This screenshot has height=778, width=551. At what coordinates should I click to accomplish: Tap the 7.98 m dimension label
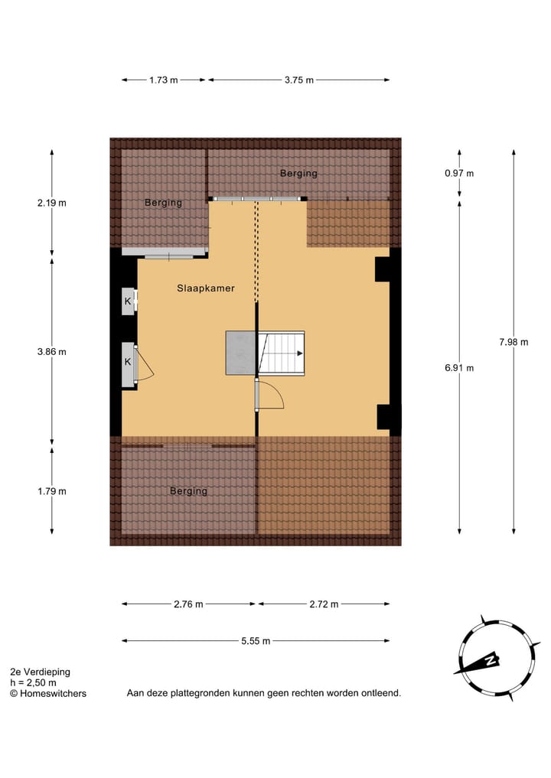coord(513,342)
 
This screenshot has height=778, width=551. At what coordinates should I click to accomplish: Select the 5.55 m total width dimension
coord(255,641)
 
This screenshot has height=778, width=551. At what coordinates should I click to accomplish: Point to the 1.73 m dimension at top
coord(163,80)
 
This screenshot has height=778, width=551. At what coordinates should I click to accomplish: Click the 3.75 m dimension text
coord(298,80)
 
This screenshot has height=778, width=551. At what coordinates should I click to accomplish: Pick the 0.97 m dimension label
coord(459,173)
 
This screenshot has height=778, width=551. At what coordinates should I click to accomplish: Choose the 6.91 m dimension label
coord(459,368)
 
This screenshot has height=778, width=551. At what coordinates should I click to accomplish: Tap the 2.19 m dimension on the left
coord(52,203)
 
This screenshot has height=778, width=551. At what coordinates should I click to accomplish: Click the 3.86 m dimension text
coord(52,352)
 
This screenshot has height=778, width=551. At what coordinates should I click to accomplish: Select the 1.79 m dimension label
coord(52,491)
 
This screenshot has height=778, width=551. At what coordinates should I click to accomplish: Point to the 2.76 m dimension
coord(188,604)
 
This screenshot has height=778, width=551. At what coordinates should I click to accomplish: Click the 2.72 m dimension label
coord(323,604)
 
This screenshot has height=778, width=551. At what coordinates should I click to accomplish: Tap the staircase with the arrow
coord(281,353)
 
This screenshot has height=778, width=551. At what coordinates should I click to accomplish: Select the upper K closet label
coord(128,301)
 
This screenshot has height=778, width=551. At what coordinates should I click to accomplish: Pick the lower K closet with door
coord(129,362)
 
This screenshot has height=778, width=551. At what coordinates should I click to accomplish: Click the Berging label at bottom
coord(188,491)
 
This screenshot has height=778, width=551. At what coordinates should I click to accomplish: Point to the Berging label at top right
coord(298,174)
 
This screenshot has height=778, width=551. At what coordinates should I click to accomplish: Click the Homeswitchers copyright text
coord(48,693)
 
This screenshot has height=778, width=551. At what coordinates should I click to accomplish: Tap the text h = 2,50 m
coord(33,682)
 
